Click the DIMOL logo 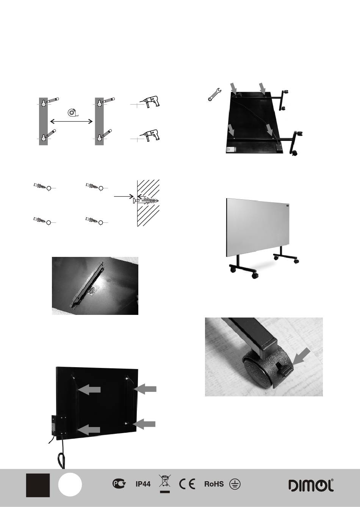[311, 485]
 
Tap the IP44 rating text [143, 484]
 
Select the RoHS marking [214, 484]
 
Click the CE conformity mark [187, 484]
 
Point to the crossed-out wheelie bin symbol [165, 482]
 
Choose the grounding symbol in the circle [235, 484]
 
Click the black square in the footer [38, 485]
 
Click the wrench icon [214, 94]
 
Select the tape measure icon [73, 113]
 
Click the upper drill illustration [150, 102]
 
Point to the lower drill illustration [150, 135]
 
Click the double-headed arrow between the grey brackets [71, 122]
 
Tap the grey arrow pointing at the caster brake [302, 357]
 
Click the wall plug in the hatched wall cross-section [146, 201]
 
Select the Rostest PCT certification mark [119, 484]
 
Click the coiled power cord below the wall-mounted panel [61, 458]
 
